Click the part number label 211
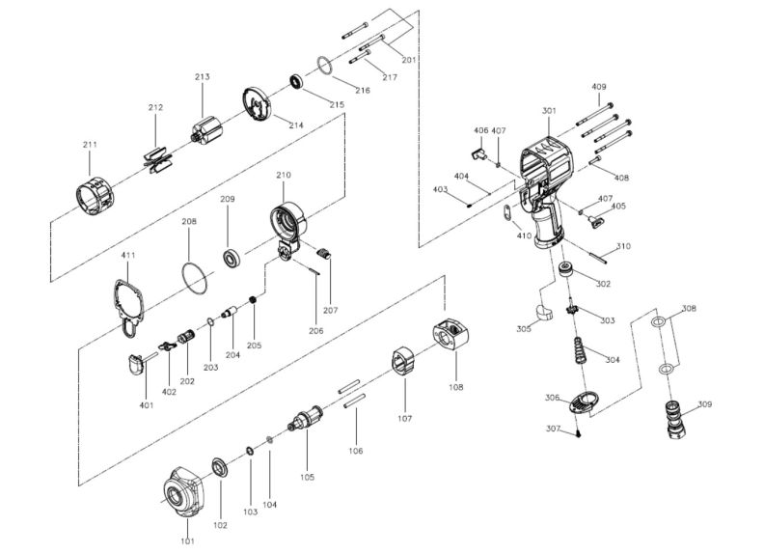click(x=90, y=145)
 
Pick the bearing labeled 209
click(x=232, y=259)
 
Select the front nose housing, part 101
click(x=183, y=495)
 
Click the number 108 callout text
click(x=454, y=387)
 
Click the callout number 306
click(x=552, y=398)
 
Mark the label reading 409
click(x=599, y=88)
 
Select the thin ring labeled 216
click(x=325, y=66)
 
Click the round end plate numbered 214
click(x=256, y=105)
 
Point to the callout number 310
click(x=623, y=246)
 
